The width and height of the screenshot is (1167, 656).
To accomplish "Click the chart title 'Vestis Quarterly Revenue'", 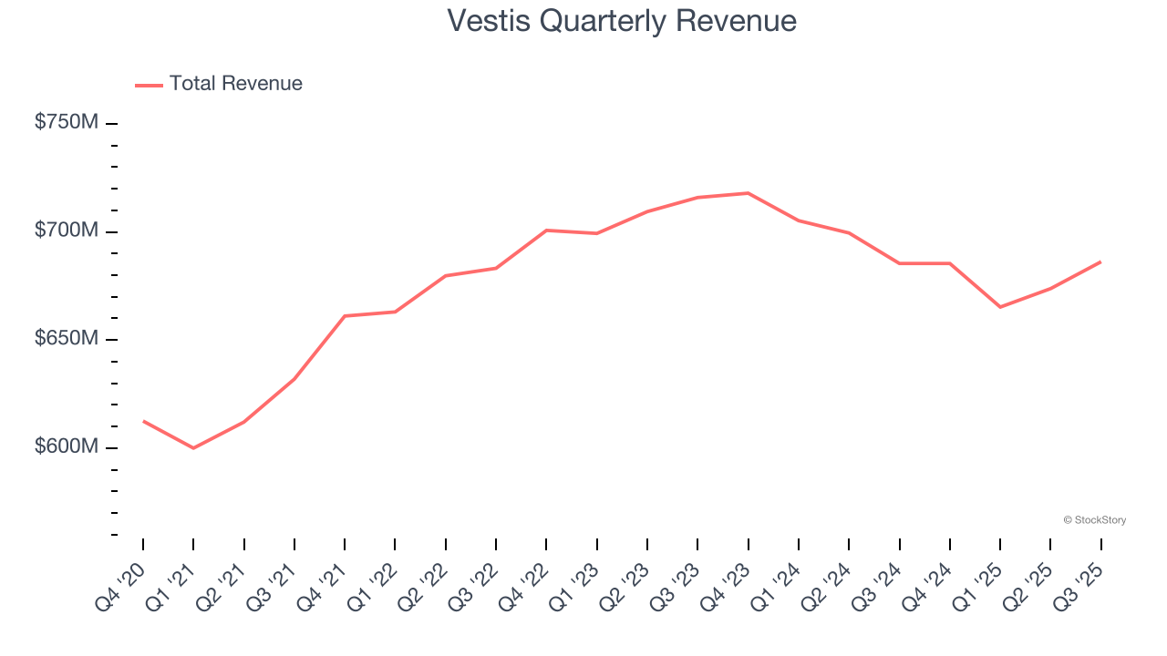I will pos(622,21).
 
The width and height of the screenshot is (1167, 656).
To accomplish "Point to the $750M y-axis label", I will pos(66,122).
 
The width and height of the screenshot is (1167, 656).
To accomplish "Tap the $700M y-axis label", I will pos(66,231).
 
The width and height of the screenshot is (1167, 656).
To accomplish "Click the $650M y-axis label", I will pos(66,339).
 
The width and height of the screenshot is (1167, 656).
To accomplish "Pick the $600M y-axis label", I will pos(66,447).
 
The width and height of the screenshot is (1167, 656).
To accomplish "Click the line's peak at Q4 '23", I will pos(749,193).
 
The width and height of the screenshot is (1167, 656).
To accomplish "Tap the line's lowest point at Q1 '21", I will pos(193,448).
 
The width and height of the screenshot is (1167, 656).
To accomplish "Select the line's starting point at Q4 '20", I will pos(143,421).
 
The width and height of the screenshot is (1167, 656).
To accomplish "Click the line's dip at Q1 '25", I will pos(1000,307).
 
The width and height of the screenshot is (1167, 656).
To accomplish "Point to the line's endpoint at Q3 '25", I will pos(1100,261).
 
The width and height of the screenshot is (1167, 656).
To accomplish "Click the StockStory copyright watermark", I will pos(1094,520).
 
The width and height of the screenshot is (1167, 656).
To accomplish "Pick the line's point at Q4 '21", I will pos(345,316).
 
